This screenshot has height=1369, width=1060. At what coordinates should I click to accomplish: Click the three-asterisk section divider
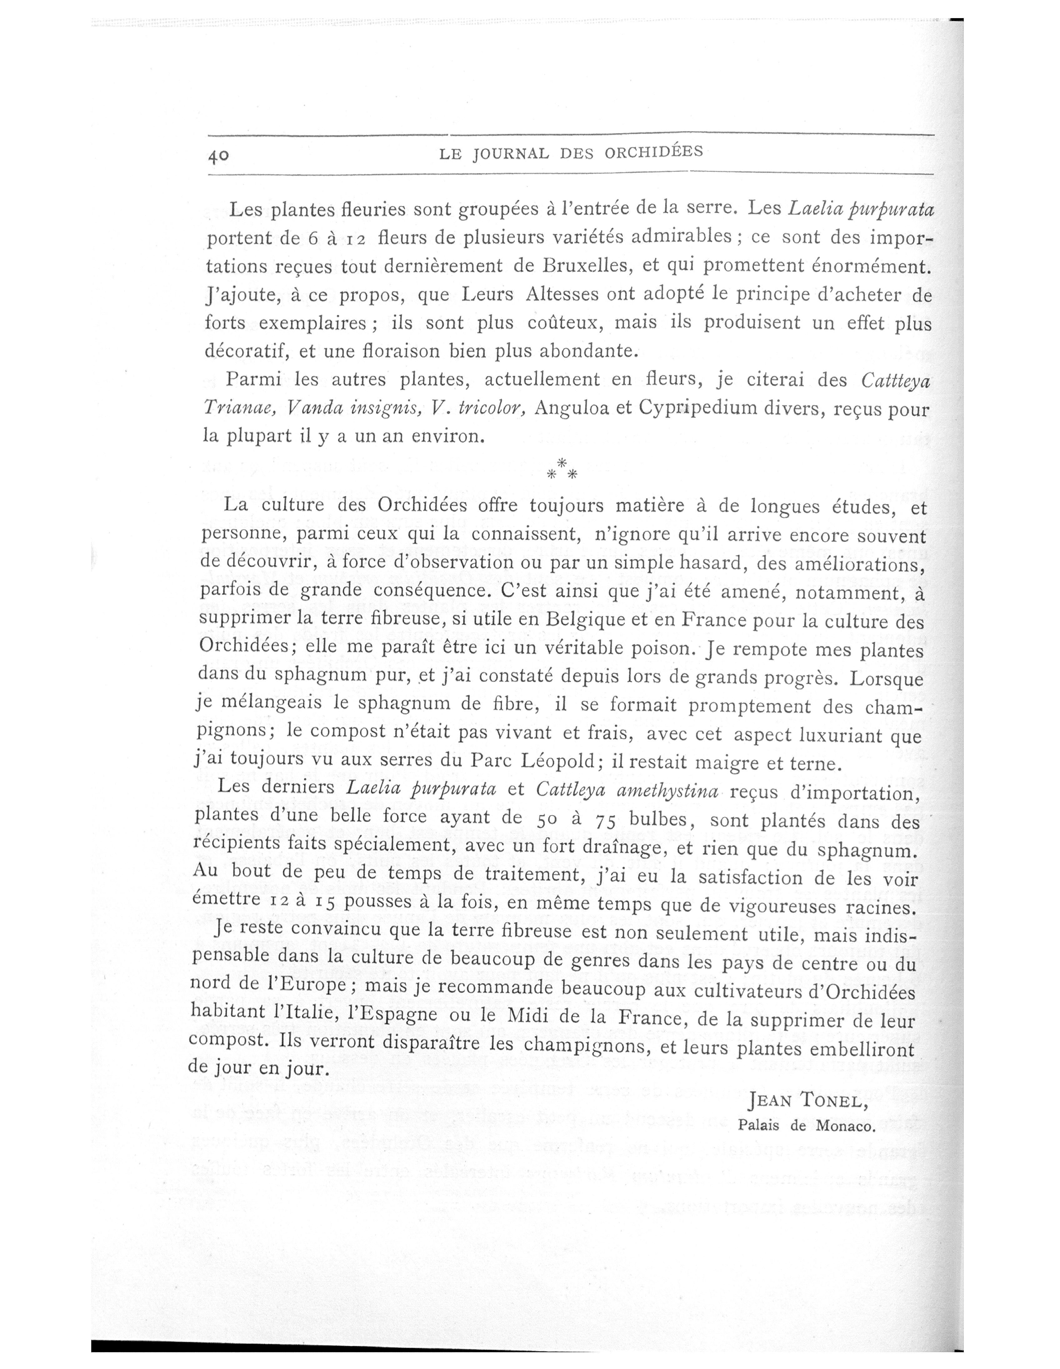tap(561, 470)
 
